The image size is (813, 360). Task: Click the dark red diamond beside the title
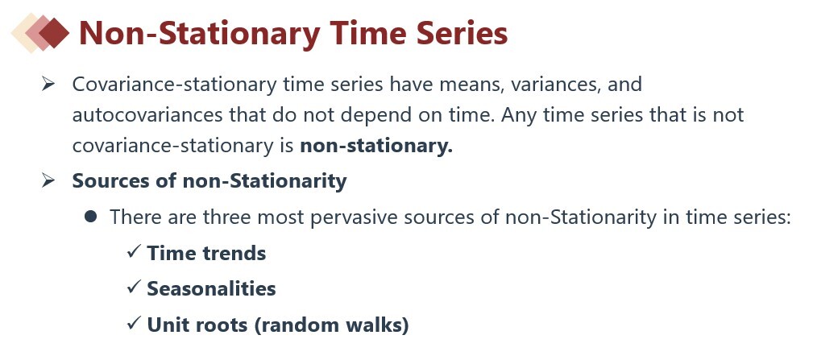click(x=54, y=33)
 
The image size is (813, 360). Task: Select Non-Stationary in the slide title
click(x=199, y=34)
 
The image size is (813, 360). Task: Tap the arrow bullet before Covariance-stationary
click(x=48, y=83)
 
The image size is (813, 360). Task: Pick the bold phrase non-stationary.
click(x=376, y=146)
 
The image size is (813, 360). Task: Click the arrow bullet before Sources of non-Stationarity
click(x=48, y=180)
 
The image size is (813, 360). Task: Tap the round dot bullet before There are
click(x=91, y=217)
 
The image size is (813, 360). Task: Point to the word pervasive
click(x=355, y=217)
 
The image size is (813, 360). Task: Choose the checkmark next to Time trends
click(x=134, y=252)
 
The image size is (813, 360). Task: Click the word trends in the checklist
click(x=235, y=254)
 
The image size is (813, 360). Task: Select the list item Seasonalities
click(x=212, y=288)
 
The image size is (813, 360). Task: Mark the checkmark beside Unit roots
click(x=134, y=324)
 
